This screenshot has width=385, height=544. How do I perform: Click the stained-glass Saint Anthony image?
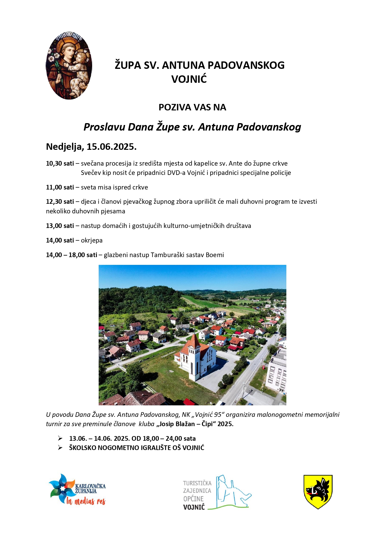(x=69, y=65)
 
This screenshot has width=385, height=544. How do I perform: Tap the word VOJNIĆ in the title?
(x=189, y=79)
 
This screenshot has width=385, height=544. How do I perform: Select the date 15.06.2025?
(x=111, y=147)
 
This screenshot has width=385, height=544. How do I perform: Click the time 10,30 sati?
(x=60, y=163)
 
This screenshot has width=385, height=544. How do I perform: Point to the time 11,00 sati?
(x=60, y=187)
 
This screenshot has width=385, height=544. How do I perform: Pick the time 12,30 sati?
(x=60, y=202)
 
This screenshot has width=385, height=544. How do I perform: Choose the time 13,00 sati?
(x=60, y=226)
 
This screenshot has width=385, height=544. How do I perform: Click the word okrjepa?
(x=92, y=240)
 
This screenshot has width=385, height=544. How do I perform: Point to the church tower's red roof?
(x=194, y=341)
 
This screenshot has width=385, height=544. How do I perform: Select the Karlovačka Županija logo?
(x=77, y=489)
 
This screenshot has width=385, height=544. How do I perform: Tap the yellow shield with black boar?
(x=318, y=491)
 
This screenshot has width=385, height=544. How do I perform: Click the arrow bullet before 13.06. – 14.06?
(x=60, y=438)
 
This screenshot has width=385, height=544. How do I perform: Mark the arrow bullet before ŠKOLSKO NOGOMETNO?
(x=60, y=448)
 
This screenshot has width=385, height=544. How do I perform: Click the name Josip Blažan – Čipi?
(x=186, y=424)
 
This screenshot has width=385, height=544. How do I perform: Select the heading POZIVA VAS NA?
(x=192, y=107)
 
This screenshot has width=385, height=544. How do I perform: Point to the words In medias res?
(x=86, y=501)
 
